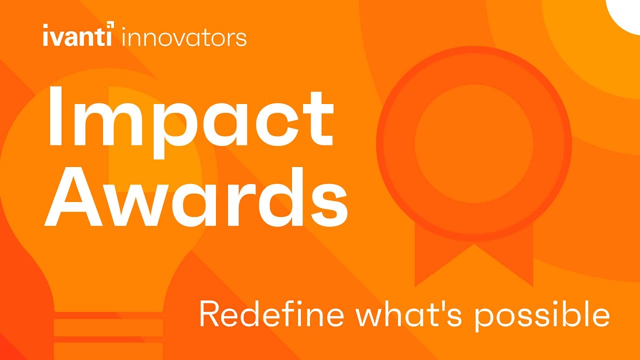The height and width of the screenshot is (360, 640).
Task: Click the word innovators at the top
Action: pyautogui.click(x=184, y=38)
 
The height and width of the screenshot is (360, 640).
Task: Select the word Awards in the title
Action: pyautogui.click(x=196, y=197)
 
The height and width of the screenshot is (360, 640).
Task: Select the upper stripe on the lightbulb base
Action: pyautogui.click(x=108, y=327)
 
